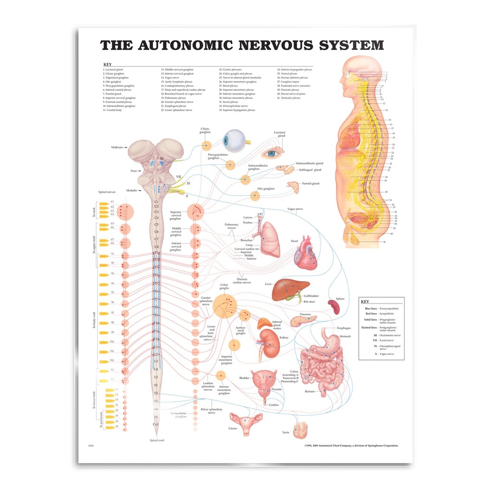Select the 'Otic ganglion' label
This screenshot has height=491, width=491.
pos(266,189)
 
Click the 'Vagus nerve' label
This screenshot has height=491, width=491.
pos(297,209)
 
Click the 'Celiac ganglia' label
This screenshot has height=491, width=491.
pos(223,286)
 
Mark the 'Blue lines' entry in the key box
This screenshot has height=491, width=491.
pos(371,308)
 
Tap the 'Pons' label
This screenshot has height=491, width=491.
pos(134,171)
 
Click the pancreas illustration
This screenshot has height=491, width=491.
pos(303,320)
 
